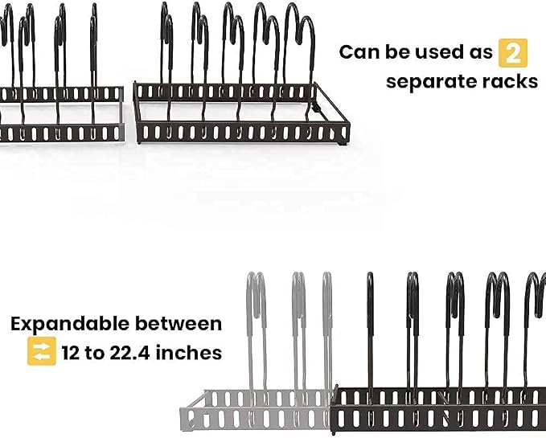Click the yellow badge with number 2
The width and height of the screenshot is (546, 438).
[x=512, y=53]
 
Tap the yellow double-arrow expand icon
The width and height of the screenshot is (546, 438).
[x=42, y=351]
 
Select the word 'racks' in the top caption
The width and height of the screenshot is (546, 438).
[x=510, y=81]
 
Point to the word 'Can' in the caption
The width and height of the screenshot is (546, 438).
[x=359, y=52]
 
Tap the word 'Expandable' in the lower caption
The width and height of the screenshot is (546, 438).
[x=70, y=324]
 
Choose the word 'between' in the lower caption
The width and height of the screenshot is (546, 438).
[x=179, y=324]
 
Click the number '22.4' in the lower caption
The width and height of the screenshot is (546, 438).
[x=130, y=353]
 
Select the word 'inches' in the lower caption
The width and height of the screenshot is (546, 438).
[x=189, y=353]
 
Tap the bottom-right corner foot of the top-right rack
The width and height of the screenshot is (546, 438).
[x=343, y=142]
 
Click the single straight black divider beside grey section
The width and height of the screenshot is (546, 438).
[x=370, y=338]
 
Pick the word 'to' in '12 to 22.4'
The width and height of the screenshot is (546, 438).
[x=95, y=353]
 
